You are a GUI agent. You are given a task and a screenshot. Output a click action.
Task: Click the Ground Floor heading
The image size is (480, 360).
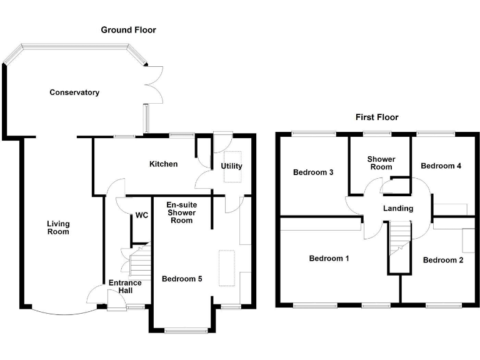pos(128,30)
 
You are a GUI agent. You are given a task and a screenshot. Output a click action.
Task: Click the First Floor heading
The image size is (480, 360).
pos(377,117)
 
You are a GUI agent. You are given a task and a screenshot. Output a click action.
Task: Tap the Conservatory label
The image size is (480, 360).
pos(74,92)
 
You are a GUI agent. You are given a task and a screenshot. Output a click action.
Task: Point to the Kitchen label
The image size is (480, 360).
pos(163,164)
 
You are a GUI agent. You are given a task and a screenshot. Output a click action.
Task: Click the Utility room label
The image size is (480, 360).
pos(231,166)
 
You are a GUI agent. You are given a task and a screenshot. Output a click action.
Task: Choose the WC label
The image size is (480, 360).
pos(141,216)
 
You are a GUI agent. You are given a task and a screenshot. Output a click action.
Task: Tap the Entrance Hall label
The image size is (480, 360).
pos(125,287)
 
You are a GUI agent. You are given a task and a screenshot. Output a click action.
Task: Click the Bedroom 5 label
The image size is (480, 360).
pos(182,279)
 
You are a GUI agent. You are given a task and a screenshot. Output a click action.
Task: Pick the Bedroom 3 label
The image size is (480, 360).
pos(313,172)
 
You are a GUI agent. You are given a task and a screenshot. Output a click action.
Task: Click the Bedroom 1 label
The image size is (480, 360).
pos(329,258)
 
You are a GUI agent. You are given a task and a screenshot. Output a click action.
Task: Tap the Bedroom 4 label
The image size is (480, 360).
pos(441,166)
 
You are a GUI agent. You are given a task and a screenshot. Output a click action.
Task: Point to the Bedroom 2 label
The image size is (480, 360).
pos(442,260)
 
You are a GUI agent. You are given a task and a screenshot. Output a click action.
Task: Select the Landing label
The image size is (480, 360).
pos(398,208)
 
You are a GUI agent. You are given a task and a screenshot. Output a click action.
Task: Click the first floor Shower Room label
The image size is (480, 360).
pos(380,163)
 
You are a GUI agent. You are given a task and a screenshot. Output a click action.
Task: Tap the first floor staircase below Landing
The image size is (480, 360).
pos(397,241)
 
